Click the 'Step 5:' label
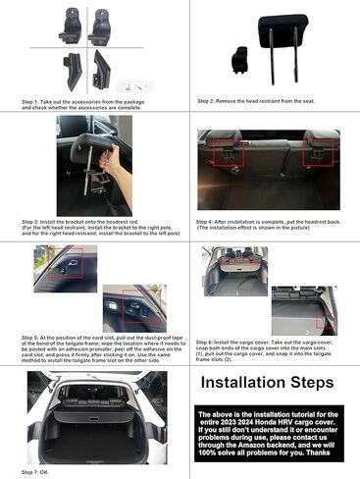pos(33,337)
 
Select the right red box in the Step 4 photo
pos(318,152)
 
